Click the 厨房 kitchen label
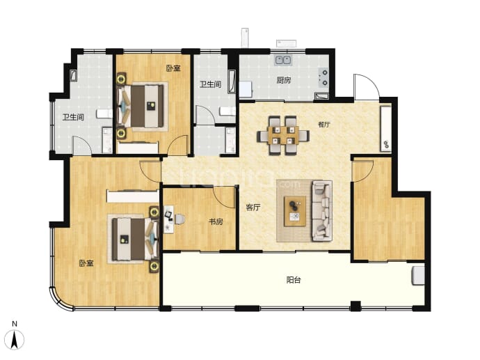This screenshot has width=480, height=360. coord(283,80)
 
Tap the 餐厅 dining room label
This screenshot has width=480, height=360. coord(324,125)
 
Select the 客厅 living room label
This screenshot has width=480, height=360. coord(253,207)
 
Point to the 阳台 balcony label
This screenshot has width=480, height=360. coord(294,280)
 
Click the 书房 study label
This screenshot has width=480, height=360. coord(216,221)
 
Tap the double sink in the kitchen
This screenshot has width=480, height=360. coord(283,60)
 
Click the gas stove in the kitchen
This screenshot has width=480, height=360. coord(324,77)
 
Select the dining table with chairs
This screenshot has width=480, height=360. coord(283,135)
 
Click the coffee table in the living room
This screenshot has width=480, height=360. coord(295,212)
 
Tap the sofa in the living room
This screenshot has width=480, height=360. coord(322,211)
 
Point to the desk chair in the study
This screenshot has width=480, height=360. coord(179,219)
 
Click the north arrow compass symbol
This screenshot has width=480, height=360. coord(15,340)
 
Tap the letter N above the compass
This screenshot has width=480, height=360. coord(15,324)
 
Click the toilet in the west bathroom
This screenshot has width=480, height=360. coord(104,114)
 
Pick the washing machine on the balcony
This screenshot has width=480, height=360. coord(418,276)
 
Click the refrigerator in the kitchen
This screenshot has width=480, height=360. coord(246,89)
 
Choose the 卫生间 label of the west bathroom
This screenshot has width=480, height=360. coord(73,117)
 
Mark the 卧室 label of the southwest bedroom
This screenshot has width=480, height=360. coord(86,263)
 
